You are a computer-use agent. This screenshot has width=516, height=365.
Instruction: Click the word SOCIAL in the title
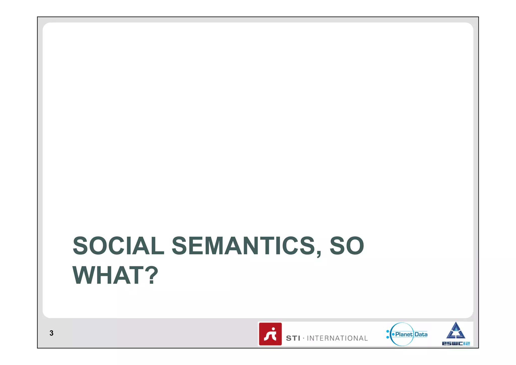(118, 246)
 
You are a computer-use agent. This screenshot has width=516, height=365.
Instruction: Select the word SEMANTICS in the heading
(243, 246)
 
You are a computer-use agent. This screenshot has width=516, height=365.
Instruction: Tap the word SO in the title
(347, 246)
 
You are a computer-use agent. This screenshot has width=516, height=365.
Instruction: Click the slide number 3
(51, 333)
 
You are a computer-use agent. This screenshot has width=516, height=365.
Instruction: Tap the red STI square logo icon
(270, 334)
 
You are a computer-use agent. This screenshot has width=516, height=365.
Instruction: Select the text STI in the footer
(293, 338)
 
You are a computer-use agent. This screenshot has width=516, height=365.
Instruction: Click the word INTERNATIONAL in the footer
(337, 338)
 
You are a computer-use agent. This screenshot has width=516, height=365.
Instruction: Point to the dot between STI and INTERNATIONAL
(304, 338)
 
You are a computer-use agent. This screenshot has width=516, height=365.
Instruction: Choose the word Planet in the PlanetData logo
(404, 334)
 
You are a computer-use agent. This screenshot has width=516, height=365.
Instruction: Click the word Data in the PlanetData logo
(421, 334)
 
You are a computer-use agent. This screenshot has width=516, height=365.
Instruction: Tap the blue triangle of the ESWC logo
(456, 331)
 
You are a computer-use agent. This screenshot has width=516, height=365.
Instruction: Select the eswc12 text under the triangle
(456, 343)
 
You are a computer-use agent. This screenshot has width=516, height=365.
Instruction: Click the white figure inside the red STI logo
(270, 334)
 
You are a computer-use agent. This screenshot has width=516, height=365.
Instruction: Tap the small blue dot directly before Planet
(393, 334)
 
